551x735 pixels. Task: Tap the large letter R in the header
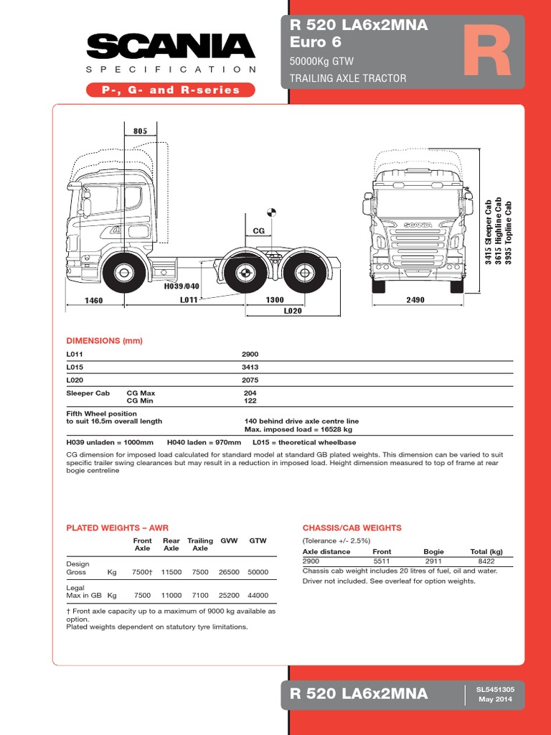[x=486, y=55]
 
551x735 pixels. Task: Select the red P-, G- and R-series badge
[x=171, y=90]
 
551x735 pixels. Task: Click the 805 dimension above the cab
[x=140, y=131]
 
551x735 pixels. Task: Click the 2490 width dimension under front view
[x=417, y=300]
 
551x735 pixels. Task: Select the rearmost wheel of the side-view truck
[x=302, y=273]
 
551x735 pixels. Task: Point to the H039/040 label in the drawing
[x=182, y=286]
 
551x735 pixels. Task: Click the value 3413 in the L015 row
[x=250, y=367]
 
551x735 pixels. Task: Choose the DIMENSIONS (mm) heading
[x=105, y=341]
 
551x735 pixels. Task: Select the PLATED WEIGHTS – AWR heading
[x=118, y=528]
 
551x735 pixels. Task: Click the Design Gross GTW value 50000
[x=258, y=572]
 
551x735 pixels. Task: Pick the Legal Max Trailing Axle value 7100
[x=200, y=595]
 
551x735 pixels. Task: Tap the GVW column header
[x=229, y=540]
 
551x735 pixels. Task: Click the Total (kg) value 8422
[x=487, y=561]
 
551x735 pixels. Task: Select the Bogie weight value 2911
[x=434, y=561]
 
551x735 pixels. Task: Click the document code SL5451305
[x=496, y=689]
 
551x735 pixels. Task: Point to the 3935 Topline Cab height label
[x=509, y=233]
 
